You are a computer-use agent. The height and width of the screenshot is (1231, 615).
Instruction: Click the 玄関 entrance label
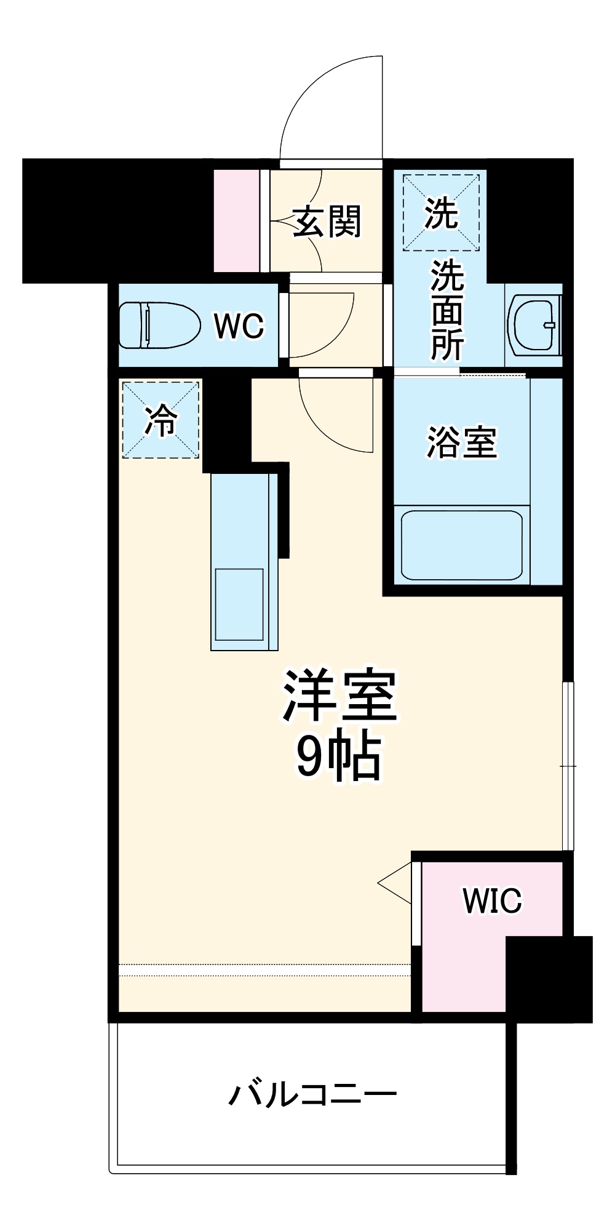tap(327, 222)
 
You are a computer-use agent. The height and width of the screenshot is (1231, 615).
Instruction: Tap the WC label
tap(239, 326)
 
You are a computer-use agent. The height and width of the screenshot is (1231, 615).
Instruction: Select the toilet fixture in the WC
tap(159, 325)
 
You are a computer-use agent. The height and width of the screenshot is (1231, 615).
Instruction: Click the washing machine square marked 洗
tap(441, 213)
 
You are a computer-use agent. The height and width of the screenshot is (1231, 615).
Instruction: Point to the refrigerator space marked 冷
tap(161, 420)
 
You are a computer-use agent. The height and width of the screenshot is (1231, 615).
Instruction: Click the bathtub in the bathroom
tap(461, 545)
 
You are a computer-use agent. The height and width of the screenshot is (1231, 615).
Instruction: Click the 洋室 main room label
tap(339, 696)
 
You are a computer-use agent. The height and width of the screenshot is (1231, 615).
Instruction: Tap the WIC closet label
tap(492, 901)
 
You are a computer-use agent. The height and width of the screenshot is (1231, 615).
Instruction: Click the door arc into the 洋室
tap(335, 419)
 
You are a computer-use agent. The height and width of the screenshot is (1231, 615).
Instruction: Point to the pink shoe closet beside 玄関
tap(236, 220)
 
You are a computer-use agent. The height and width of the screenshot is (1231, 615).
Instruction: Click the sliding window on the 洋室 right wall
tap(568, 766)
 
